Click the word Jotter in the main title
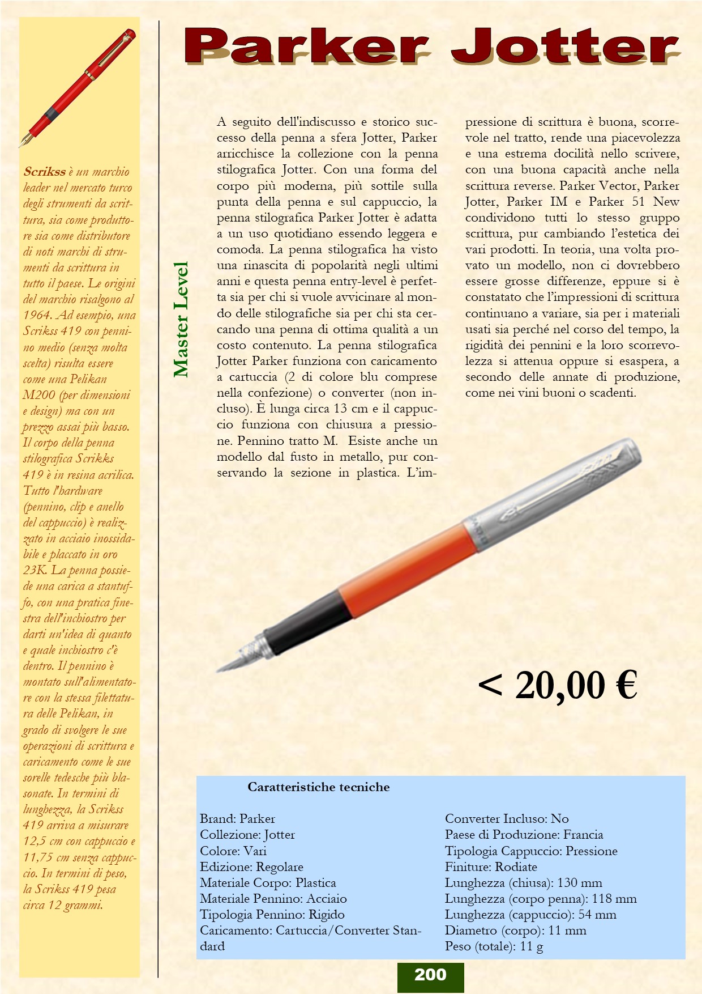tap(566, 46)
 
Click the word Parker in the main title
tap(306, 46)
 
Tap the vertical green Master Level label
tap(181, 320)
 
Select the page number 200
tap(430, 975)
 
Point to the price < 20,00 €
tap(558, 685)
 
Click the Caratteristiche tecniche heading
tap(318, 787)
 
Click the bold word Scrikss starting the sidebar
tap(44, 171)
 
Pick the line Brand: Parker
tap(237, 818)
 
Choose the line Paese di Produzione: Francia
tap(524, 834)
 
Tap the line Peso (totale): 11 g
tap(494, 946)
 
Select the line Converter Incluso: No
tap(507, 818)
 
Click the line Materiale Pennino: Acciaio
tap(273, 898)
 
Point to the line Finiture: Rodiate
tap(491, 866)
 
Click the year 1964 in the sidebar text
tap(37, 315)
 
